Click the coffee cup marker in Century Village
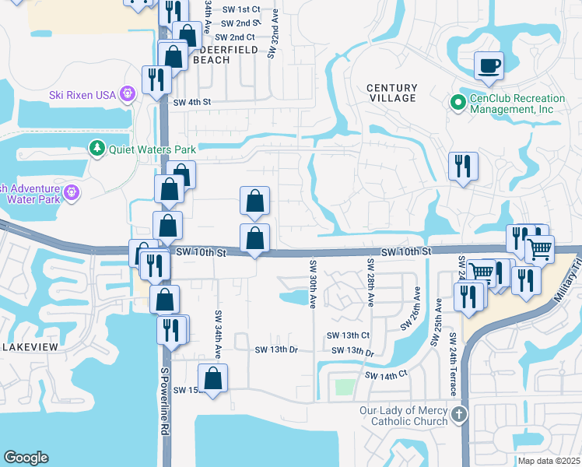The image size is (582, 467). (489, 66)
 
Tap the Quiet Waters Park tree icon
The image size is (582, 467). (97, 148)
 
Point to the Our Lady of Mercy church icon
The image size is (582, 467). (459, 413)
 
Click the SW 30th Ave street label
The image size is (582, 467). (313, 283)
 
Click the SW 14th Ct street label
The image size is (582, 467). (385, 375)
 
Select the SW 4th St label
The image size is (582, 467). (192, 102)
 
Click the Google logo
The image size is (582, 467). (26, 458)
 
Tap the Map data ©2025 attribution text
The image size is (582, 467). (549, 461)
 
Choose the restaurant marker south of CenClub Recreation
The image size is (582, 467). (463, 166)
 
